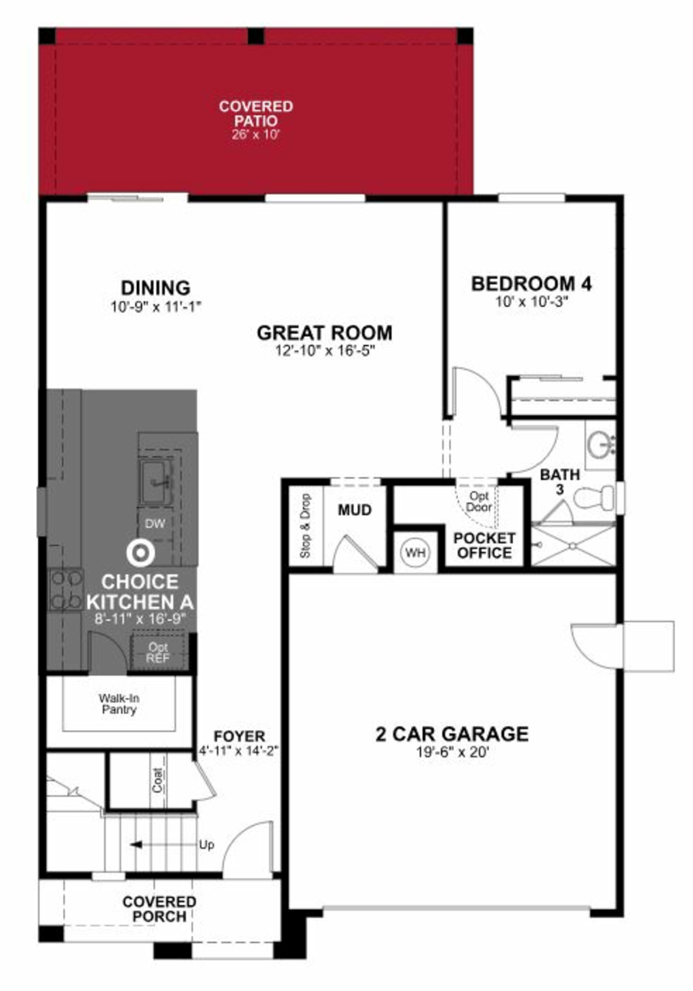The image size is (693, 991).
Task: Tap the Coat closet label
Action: (158, 780)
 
